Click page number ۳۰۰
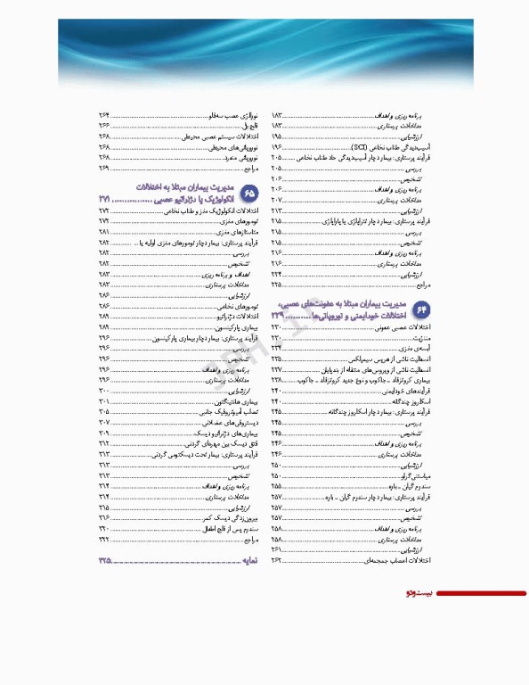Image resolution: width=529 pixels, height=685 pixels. (x=104, y=392)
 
